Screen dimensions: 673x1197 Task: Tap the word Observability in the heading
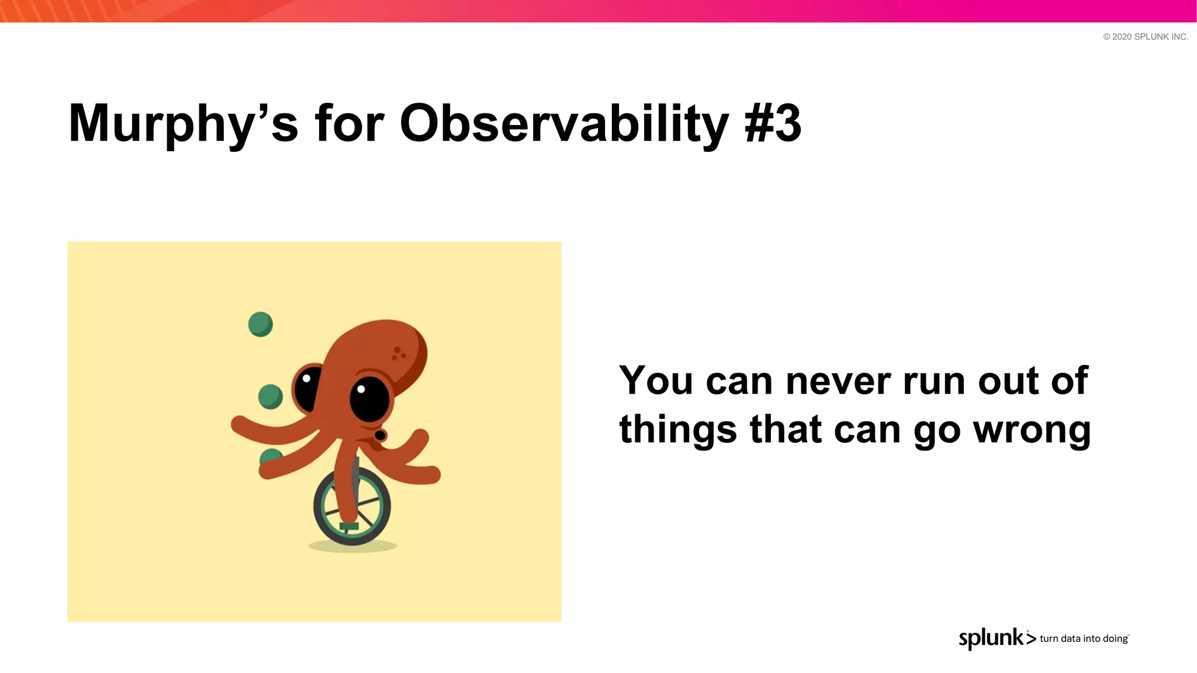click(x=564, y=124)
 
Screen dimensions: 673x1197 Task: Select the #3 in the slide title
click(x=773, y=124)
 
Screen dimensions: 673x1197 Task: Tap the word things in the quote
click(x=678, y=430)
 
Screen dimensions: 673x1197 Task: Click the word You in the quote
click(x=656, y=381)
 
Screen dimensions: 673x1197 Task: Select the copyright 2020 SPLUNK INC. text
click(x=1145, y=37)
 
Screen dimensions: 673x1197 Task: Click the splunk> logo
click(x=997, y=638)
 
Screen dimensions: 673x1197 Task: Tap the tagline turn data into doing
click(x=1084, y=639)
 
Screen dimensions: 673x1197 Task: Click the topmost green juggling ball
click(x=260, y=324)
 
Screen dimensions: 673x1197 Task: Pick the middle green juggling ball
click(x=270, y=397)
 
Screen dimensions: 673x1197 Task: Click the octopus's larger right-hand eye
click(x=369, y=399)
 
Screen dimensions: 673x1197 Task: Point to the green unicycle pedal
click(x=349, y=526)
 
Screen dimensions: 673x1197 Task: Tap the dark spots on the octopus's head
click(x=399, y=353)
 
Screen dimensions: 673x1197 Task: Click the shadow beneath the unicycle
click(x=352, y=547)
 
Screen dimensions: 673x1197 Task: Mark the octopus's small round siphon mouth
click(x=380, y=435)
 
